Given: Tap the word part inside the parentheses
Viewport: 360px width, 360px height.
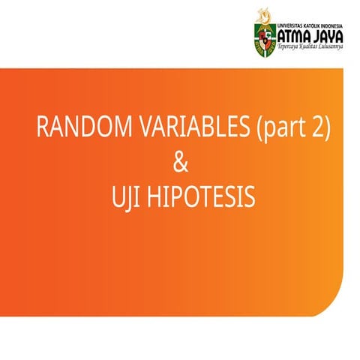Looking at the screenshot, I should [x=284, y=129].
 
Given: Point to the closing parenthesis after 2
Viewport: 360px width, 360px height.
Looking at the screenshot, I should [x=326, y=129].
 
